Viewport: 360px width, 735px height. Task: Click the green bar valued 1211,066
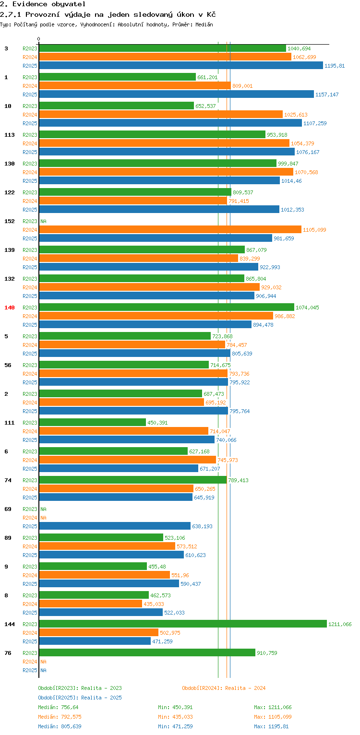182,624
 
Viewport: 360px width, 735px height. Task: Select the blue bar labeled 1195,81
180,65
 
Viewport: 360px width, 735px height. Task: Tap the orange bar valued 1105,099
170,229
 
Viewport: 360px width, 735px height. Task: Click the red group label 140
10,308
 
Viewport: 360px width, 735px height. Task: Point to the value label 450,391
157,423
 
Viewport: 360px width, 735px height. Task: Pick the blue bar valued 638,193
115,526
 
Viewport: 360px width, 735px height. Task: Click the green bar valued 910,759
147,652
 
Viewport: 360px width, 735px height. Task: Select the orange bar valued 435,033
90,604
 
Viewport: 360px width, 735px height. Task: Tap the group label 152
10,221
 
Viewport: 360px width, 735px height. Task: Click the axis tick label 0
39,39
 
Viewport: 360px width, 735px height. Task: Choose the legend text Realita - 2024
245,688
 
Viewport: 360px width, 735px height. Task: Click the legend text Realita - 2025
101,698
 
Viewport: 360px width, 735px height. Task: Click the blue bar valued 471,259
95,641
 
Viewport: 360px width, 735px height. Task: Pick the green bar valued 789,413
132,480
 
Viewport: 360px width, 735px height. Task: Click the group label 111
10,423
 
